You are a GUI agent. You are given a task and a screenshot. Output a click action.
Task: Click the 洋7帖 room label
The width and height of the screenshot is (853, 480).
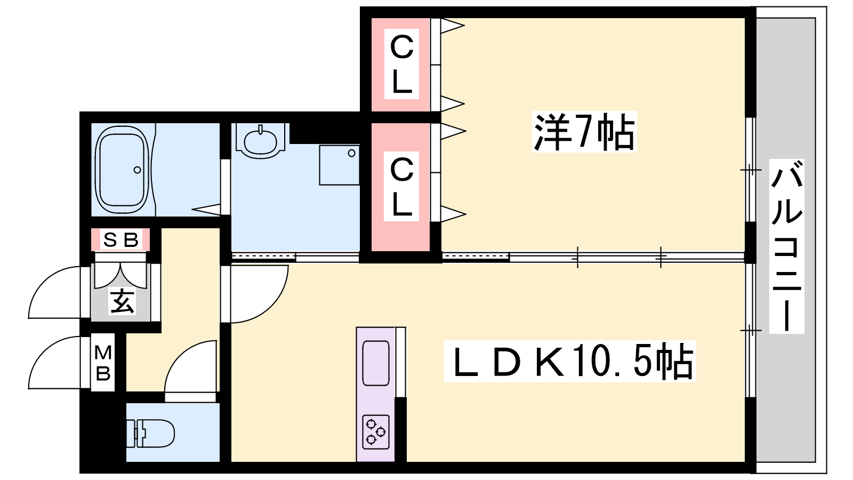(584, 132)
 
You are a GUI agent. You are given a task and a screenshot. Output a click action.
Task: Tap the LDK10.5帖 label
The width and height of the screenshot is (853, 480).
(570, 362)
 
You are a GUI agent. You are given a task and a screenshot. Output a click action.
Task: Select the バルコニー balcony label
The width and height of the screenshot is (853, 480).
(787, 246)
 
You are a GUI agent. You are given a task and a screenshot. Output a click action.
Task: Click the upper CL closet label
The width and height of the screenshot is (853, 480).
(401, 65)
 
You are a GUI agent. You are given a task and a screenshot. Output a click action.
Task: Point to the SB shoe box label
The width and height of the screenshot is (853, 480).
(121, 240)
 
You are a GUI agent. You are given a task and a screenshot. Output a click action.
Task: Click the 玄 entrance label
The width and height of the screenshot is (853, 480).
(122, 302)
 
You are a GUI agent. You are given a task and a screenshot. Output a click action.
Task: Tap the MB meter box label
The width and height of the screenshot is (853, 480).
(103, 363)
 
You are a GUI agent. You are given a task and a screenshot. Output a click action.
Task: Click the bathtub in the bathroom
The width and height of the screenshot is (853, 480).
(122, 170)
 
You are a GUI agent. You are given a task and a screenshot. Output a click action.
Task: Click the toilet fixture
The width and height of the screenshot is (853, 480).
(152, 433)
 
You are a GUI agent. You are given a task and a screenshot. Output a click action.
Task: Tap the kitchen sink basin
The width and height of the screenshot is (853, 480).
(376, 363)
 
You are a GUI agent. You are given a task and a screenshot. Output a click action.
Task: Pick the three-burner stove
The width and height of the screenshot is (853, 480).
(376, 431)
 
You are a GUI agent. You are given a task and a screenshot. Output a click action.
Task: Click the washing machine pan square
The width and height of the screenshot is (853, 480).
(339, 165)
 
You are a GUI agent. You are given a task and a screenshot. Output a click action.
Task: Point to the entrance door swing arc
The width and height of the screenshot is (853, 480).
(53, 291)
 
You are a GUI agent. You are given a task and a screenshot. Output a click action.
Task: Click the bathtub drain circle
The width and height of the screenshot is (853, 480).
(138, 170)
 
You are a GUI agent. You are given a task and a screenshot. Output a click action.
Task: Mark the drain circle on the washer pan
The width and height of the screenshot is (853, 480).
(351, 154)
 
